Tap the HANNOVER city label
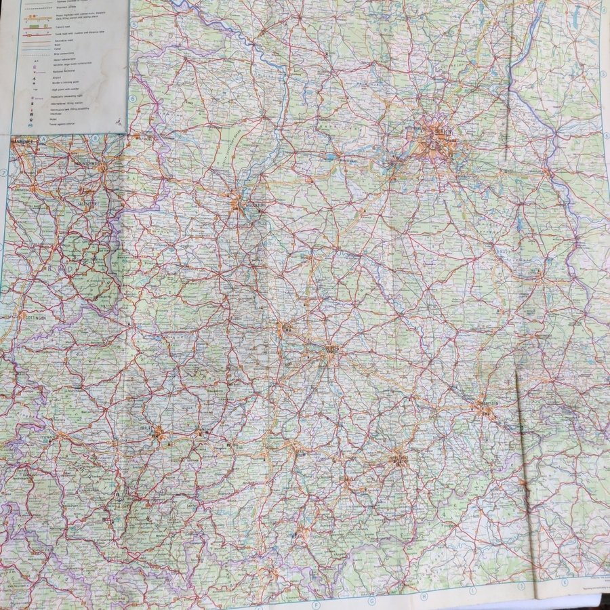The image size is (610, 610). point(24,142)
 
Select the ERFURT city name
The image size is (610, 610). point(157,428)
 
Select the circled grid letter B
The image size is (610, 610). point(96,138)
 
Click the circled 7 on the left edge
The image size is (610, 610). point(3,172)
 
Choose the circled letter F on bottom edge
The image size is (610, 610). point(317,603)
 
